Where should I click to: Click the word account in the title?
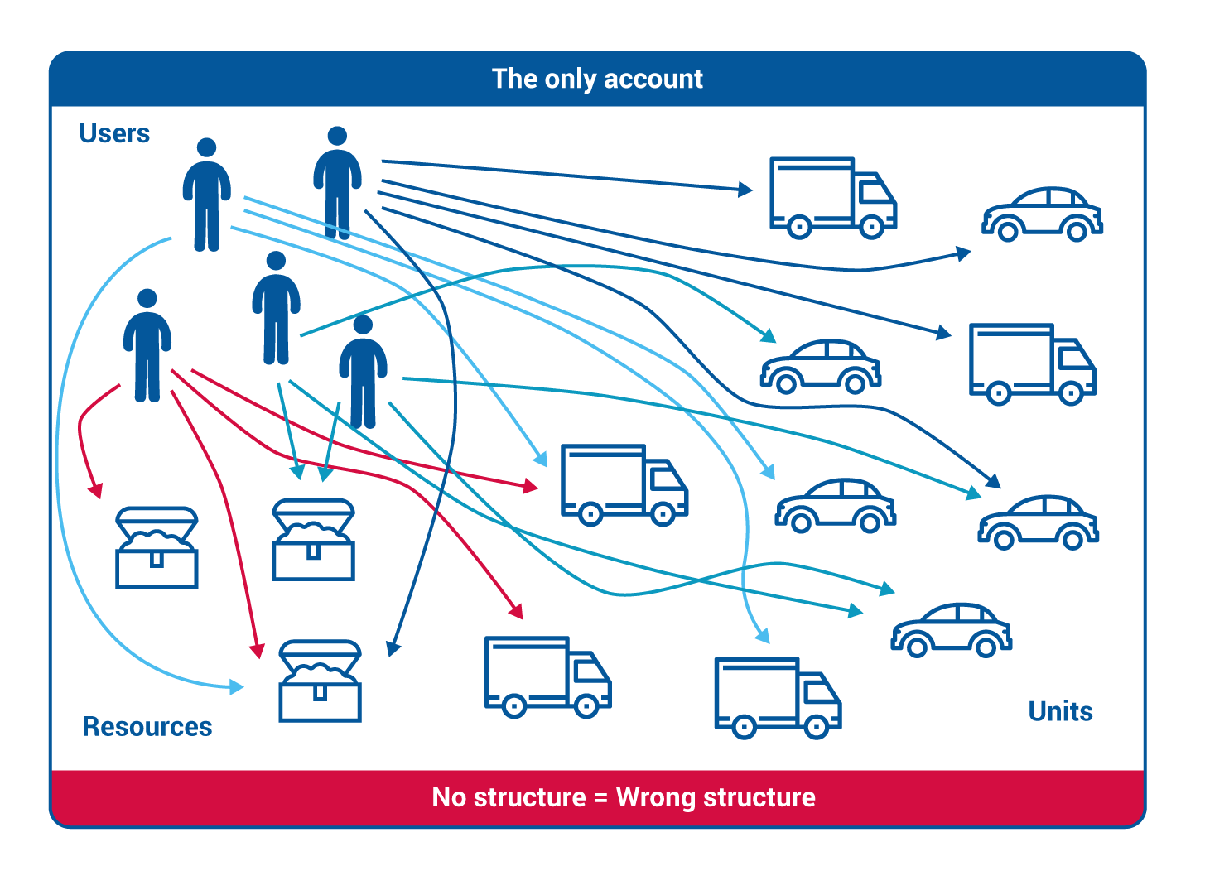pos(653,79)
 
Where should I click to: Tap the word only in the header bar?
pos(571,79)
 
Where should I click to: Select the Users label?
pos(114,133)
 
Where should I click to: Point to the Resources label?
pos(147,727)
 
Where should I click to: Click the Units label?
pos(1060,711)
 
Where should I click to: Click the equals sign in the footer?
pos(601,798)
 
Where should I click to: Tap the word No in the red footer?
pos(451,797)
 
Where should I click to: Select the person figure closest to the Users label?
pos(206,195)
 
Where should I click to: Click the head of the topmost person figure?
pos(337,136)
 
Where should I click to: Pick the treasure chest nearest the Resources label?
pos(321,681)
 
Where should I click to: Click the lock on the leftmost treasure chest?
pos(157,560)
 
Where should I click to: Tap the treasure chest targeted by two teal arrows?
pos(314,539)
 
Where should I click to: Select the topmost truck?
pos(832,197)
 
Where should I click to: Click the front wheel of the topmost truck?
pos(871,226)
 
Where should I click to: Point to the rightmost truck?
pos(1032,363)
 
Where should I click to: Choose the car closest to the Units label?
pos(952,630)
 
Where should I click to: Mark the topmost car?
pos(1042,214)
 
